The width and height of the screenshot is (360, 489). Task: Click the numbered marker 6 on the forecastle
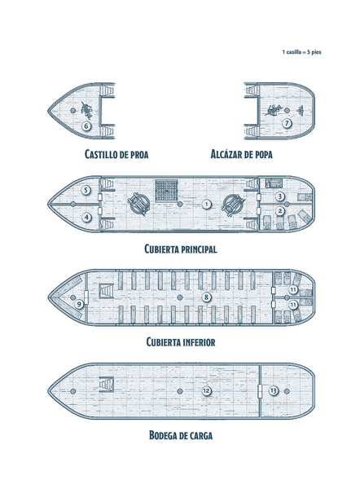(x=86, y=126)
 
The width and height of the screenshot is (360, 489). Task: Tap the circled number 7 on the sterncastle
(x=287, y=123)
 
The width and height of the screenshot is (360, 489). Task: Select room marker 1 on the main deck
(x=206, y=205)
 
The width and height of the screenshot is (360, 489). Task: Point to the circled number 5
(x=86, y=190)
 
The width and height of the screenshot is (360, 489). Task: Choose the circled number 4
(x=86, y=218)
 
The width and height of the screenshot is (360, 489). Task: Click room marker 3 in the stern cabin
(x=280, y=196)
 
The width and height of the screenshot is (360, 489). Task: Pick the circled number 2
(x=280, y=211)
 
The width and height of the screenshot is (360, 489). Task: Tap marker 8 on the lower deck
(x=206, y=297)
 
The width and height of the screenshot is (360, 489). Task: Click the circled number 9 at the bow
(x=79, y=304)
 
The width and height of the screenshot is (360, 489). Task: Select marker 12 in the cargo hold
(x=206, y=390)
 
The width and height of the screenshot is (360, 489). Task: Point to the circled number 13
(x=274, y=390)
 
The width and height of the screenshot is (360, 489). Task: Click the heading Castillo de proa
(x=116, y=154)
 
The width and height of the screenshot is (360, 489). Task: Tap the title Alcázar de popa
(x=242, y=154)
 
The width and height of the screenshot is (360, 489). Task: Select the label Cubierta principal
(x=181, y=249)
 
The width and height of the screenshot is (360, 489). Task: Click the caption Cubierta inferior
(x=181, y=342)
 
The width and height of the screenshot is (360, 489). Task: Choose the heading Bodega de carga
(x=181, y=435)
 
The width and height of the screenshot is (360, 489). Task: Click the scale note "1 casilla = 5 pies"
(x=301, y=52)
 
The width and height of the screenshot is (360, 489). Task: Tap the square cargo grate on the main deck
(x=166, y=190)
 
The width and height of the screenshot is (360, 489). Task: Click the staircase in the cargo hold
(x=106, y=385)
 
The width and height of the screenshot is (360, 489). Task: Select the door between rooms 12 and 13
(x=260, y=391)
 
